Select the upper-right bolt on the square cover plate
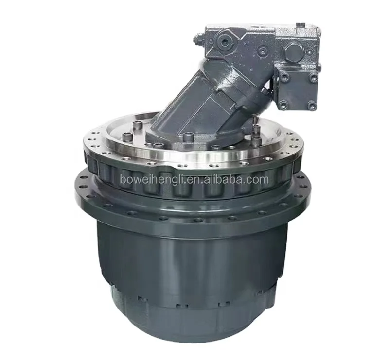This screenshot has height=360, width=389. pos(312,78)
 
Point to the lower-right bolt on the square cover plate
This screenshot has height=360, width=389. pos(311,105)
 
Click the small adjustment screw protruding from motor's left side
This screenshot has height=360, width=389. pos(198,40)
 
